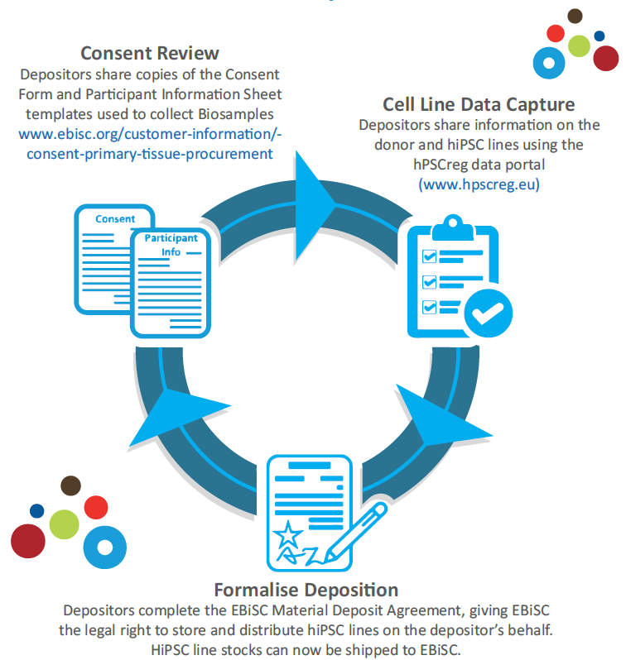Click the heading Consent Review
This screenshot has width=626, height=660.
[x=150, y=54]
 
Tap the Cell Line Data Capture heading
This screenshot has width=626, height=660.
[x=479, y=104]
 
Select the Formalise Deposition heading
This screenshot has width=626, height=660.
[x=306, y=590]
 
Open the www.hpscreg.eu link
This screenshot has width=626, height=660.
[x=479, y=184]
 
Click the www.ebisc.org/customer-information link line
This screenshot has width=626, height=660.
[x=150, y=134]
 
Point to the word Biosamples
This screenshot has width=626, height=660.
[x=236, y=114]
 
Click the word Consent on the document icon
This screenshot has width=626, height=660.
[x=115, y=219]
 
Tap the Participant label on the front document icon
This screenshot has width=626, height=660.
[x=171, y=238]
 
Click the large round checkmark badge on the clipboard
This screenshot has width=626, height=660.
[x=489, y=313]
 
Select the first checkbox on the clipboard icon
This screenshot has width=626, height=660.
[x=429, y=256]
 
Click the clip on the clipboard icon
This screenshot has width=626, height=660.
[x=453, y=227]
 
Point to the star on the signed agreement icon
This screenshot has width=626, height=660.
[x=288, y=534]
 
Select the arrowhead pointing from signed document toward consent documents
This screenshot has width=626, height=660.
[x=177, y=417]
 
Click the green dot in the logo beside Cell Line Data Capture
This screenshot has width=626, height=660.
[x=579, y=45]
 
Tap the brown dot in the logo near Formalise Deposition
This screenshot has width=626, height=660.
[x=71, y=485]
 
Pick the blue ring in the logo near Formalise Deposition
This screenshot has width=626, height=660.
[x=105, y=548]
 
